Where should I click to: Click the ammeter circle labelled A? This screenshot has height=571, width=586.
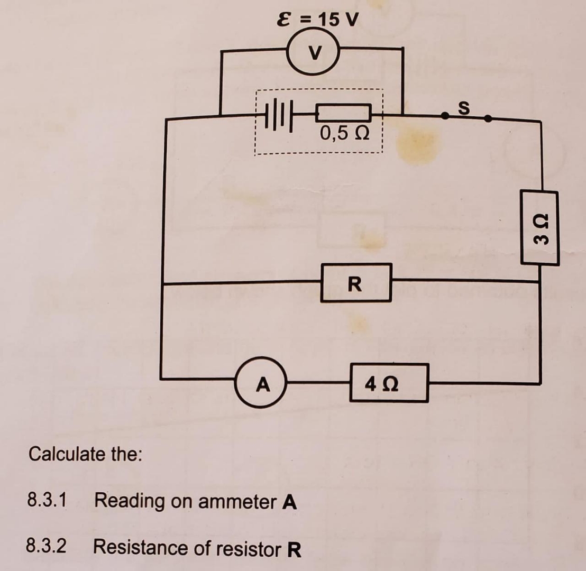pos(262,383)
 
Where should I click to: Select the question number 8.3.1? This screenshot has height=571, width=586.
pos(47,500)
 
